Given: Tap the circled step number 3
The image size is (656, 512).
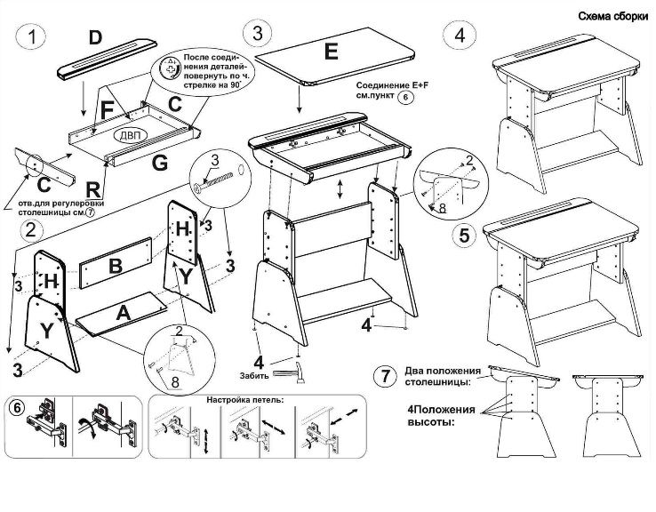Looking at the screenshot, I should point(258,34).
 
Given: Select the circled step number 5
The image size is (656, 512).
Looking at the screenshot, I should point(460,236).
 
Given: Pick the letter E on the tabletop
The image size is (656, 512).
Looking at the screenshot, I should point(331,52).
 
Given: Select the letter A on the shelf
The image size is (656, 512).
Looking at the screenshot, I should point(123,313).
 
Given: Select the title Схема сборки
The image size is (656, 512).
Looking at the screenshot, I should point(612,16).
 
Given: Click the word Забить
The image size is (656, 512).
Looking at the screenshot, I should point(253,374).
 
